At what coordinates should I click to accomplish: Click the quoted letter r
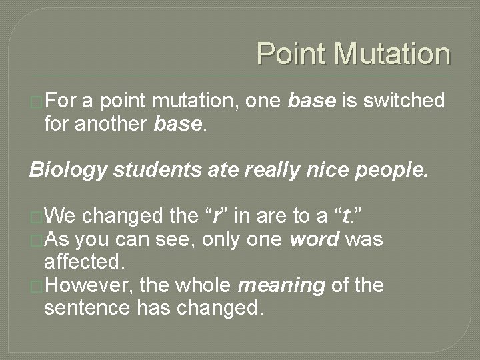(215, 216)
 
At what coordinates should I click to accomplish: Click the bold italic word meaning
(281, 285)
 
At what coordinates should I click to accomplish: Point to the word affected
(84, 262)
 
